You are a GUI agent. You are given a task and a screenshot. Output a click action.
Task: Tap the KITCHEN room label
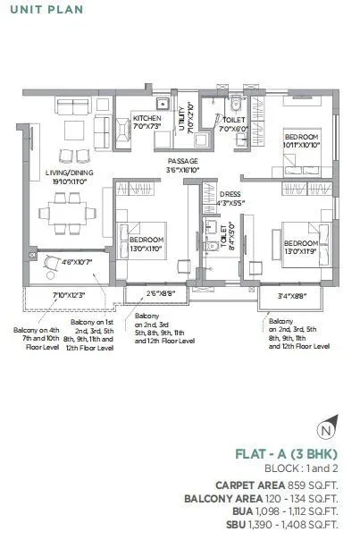147,118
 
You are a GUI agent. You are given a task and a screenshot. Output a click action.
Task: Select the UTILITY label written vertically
181,119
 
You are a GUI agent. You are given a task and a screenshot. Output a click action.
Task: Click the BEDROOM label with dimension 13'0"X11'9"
301,242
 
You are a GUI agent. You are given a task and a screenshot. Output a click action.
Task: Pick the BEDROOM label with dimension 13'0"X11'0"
147,240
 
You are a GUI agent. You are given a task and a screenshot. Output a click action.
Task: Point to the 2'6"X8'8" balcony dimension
149,291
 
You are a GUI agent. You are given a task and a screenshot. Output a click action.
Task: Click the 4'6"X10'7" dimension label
67,262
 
